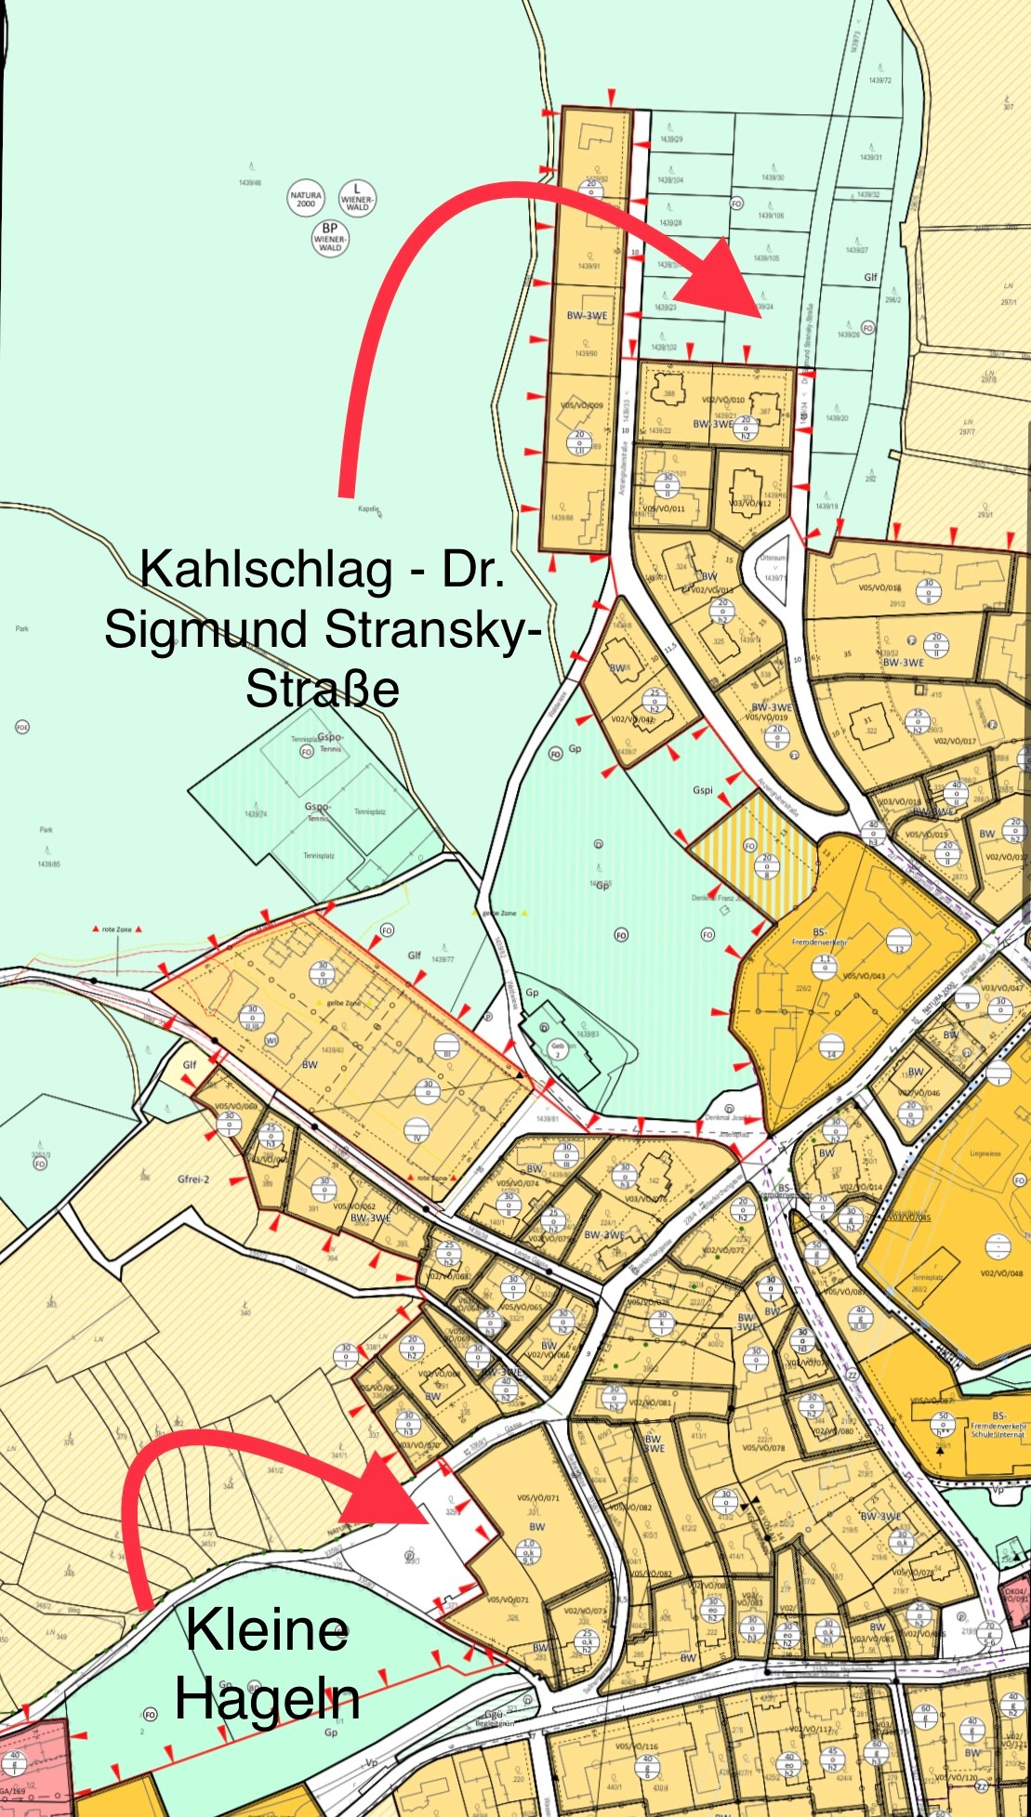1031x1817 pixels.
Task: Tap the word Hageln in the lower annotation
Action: (268, 1700)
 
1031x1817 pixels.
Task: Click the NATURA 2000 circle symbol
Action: (306, 199)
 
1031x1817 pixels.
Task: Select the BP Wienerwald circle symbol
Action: (330, 237)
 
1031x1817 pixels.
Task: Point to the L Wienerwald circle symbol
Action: (357, 198)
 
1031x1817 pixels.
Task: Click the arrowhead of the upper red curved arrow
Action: (735, 279)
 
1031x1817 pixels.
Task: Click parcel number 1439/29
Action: (671, 139)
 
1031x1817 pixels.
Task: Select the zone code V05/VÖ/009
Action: (582, 405)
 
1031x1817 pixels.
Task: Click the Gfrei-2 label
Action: (193, 1179)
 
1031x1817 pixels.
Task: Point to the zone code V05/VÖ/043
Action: (864, 976)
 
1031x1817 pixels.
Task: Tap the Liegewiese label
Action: (985, 1153)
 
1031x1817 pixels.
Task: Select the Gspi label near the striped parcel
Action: (703, 790)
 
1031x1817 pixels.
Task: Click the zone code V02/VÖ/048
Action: (1000, 1274)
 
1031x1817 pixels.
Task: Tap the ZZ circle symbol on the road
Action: (851, 1376)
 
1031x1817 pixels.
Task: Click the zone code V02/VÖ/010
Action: (723, 400)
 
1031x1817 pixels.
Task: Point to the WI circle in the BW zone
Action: (271, 1040)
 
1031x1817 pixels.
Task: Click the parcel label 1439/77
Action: (443, 959)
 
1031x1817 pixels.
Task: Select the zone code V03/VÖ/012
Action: (749, 503)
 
